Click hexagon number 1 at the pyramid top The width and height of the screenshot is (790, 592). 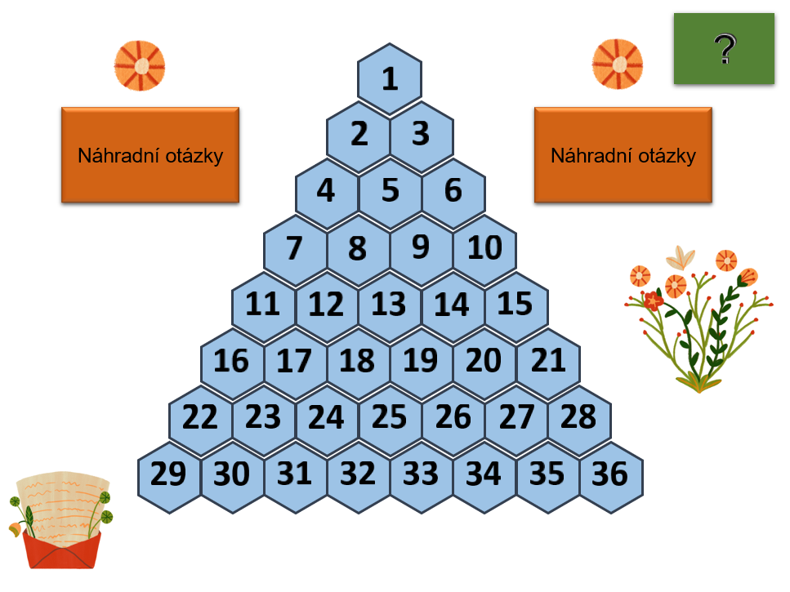[x=390, y=79]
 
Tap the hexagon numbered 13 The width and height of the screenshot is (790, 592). [x=389, y=304]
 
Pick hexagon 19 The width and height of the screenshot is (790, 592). [x=421, y=360]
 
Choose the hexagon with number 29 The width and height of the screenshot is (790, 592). [x=169, y=474]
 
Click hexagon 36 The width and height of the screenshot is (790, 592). [x=610, y=474]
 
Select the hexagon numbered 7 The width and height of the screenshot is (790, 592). [x=295, y=247]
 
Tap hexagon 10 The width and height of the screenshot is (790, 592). [x=484, y=247]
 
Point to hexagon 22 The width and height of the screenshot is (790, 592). [x=200, y=417]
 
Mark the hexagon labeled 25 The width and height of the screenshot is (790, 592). [x=389, y=417]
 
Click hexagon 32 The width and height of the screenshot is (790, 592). [x=358, y=474]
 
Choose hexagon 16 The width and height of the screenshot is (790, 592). [x=232, y=360]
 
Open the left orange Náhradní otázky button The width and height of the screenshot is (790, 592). [x=150, y=155]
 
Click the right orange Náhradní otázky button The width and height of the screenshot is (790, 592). [x=623, y=155]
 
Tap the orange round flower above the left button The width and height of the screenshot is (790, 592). [x=140, y=65]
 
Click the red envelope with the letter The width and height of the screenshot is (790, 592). [x=60, y=523]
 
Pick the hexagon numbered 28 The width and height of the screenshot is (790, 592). [x=579, y=417]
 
